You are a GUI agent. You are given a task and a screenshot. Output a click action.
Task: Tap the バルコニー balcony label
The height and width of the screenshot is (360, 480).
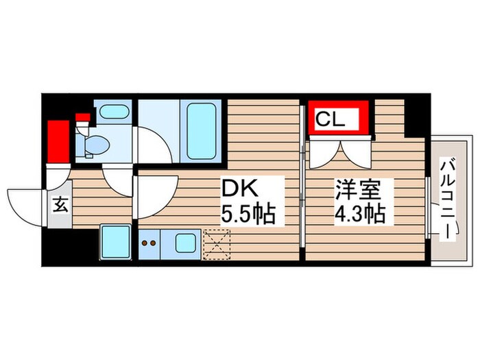point(448,199)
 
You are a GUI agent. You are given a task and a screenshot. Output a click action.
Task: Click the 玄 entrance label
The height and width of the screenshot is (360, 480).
point(60,205)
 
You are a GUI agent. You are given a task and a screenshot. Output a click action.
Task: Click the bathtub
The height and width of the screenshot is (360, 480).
point(204,132)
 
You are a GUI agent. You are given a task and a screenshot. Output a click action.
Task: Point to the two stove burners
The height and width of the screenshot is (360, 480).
point(149,242)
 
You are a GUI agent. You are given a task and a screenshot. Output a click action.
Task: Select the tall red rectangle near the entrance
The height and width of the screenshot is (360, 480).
point(59,142)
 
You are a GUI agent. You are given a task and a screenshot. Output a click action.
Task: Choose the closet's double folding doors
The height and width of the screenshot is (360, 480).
point(339,152)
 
